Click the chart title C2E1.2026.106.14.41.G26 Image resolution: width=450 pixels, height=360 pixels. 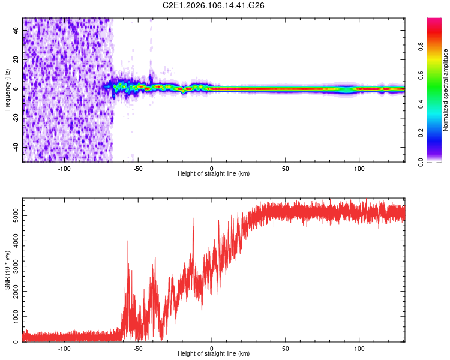(x=214, y=5)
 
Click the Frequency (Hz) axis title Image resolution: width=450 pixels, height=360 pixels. (x=7, y=90)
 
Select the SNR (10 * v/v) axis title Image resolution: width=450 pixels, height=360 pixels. (x=7, y=270)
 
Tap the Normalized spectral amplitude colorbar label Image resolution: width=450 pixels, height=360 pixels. (x=446, y=90)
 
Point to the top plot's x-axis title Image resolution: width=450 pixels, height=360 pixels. (x=214, y=173)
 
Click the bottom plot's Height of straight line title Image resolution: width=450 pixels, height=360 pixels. (x=214, y=353)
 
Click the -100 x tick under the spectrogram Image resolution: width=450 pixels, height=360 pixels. (x=64, y=167)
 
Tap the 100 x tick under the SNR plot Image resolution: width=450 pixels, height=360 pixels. (x=359, y=347)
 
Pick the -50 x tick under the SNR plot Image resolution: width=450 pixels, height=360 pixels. (x=138, y=347)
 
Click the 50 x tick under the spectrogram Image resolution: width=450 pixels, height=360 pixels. (x=286, y=167)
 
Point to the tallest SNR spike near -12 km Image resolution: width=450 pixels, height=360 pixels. (x=193, y=219)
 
